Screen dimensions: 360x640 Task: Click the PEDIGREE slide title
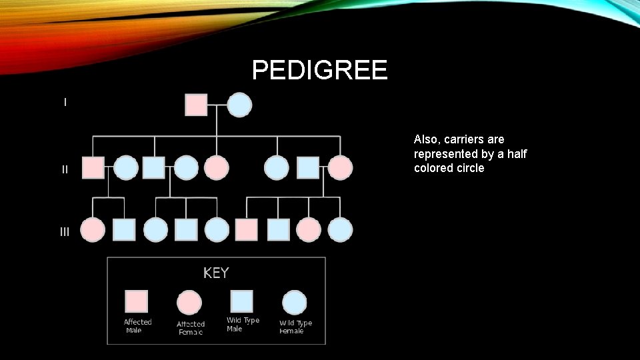point(319,70)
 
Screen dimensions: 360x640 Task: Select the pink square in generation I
point(196,105)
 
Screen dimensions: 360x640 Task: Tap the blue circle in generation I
point(240,105)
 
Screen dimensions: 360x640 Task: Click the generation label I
point(65,102)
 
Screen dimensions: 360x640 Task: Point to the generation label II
point(65,169)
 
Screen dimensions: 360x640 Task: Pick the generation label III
point(65,232)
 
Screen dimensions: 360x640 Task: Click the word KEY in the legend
point(216,273)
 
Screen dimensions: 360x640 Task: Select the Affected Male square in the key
point(137,301)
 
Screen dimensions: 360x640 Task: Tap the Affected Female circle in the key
point(189,303)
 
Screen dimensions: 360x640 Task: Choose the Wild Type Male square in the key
point(241,301)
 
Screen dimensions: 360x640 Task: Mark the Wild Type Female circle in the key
point(294,303)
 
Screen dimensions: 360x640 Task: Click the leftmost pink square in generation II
point(93,167)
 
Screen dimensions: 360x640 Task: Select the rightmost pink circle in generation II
point(340,167)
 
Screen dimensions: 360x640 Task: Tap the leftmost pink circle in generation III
point(92,229)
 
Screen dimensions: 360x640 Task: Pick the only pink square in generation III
point(246,229)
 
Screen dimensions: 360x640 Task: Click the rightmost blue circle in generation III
point(340,229)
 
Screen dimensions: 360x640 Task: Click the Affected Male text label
point(137,326)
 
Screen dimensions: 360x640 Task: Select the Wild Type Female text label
point(295,327)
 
